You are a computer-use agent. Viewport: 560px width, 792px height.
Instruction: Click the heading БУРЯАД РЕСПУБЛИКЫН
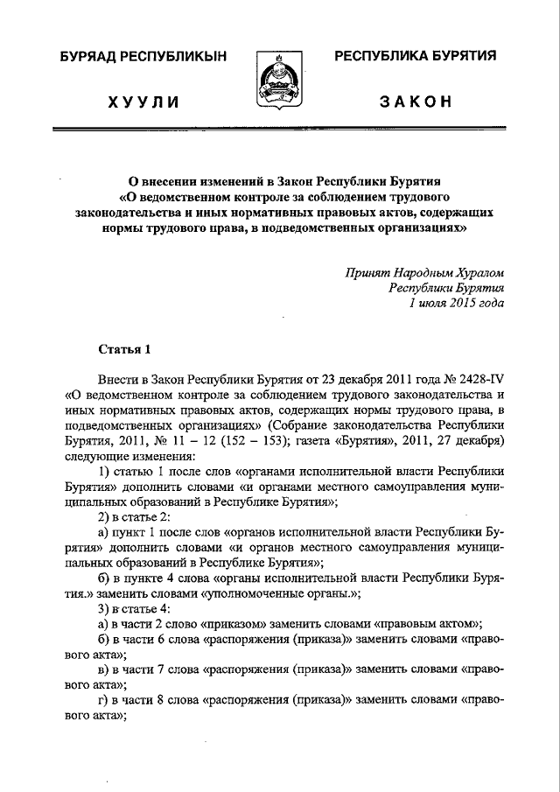[x=143, y=57]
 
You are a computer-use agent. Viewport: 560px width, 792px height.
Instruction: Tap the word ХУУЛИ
[x=143, y=102]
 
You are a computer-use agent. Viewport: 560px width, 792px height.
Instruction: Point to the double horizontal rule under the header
[x=280, y=130]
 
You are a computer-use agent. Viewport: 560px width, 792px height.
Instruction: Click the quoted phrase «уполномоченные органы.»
[x=268, y=592]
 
